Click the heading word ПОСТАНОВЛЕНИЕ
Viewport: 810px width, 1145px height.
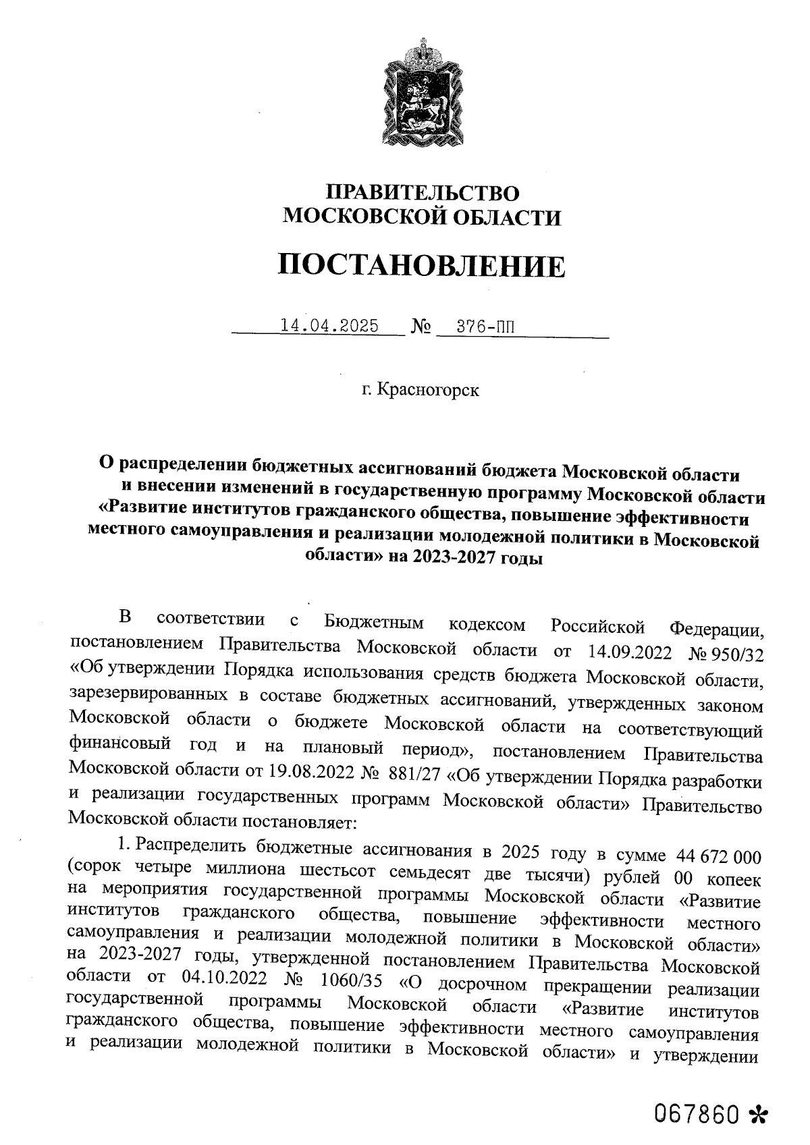pos(423,266)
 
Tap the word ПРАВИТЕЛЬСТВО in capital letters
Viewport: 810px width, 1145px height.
pos(423,192)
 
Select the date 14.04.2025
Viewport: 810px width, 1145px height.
pos(329,326)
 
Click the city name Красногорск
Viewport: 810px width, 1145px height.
pos(429,390)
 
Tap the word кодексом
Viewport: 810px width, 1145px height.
pos(487,625)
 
